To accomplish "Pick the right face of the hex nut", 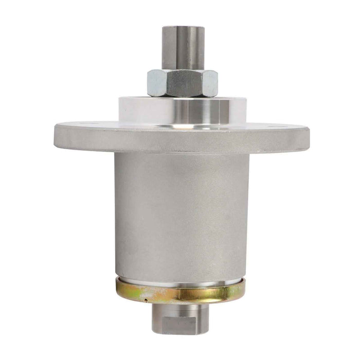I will pos(209,84).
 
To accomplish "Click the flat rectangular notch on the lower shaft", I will pos(179,327).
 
